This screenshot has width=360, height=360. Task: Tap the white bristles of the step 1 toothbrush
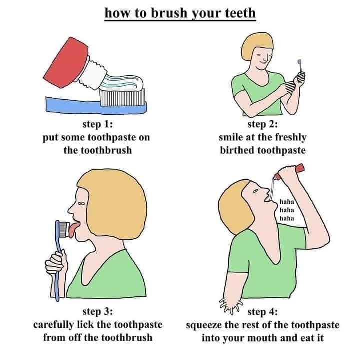click(x=122, y=97)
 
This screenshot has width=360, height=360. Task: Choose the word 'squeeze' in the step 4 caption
click(x=204, y=325)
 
